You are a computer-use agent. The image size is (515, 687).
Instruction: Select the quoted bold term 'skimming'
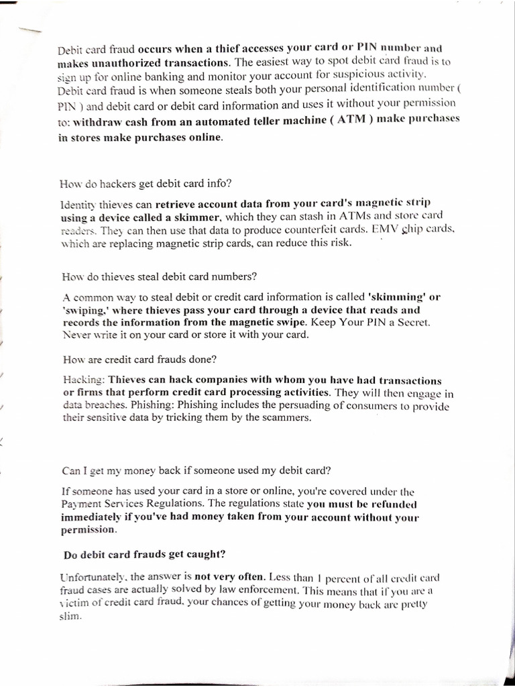395,296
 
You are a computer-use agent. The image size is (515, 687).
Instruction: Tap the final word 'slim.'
70,617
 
